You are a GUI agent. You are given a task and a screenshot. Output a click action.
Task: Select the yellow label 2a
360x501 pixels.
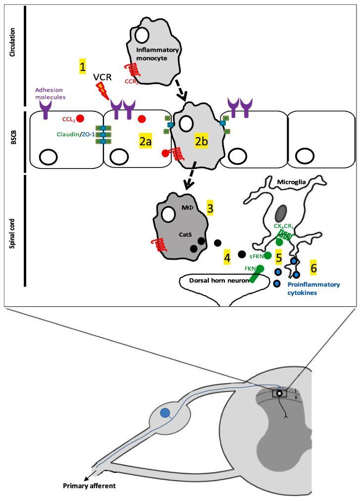pos(145,142)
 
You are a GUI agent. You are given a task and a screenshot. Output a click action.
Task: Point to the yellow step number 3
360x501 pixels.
pos(210,208)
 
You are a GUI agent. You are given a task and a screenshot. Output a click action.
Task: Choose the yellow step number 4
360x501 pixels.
pos(227,258)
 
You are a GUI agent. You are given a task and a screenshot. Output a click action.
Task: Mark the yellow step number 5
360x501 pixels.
pos(279,258)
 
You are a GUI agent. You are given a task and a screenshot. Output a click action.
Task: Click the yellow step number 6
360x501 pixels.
pos(313,268)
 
